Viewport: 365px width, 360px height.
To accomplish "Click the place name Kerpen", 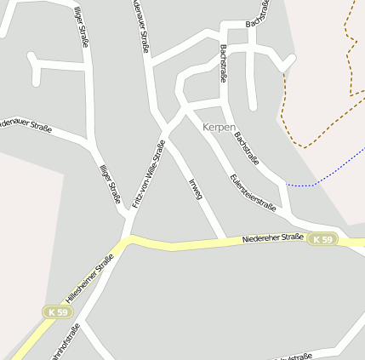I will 219,127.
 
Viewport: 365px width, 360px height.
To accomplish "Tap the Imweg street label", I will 195,186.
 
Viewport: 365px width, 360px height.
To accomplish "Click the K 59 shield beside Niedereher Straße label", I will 322,240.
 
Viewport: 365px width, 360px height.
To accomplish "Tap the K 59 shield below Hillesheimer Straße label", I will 58,312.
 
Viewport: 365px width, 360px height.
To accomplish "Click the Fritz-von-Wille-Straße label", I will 148,174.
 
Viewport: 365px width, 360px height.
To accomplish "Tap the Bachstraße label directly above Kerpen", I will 224,63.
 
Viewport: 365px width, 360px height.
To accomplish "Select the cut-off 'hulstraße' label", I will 294,356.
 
